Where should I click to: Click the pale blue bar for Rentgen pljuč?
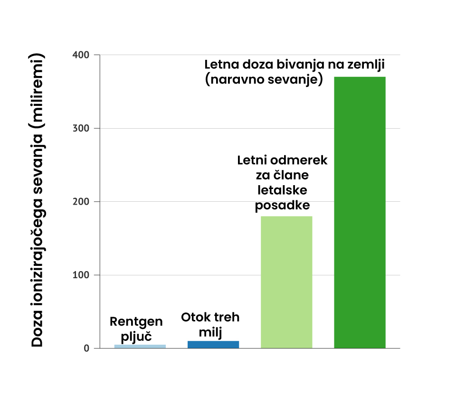tap(140, 346)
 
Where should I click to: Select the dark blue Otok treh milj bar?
tap(213, 344)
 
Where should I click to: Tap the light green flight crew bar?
tap(287, 282)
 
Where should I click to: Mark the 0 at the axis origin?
tap(86, 348)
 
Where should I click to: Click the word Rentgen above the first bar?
tap(136, 322)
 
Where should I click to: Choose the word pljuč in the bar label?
tap(136, 337)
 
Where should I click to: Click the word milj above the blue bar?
tap(210, 332)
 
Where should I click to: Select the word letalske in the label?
tap(282, 190)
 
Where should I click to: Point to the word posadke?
tap(283, 206)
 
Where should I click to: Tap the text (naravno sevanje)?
tap(264, 79)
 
